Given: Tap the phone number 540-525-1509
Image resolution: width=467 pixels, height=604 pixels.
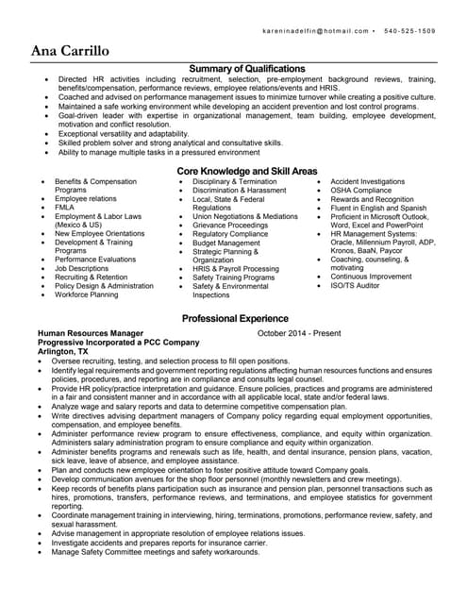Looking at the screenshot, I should point(410,31).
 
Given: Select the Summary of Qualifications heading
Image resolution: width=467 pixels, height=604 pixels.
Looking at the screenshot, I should point(247,69).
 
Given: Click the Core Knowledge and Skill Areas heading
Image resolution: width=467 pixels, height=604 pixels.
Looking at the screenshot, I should point(247,171).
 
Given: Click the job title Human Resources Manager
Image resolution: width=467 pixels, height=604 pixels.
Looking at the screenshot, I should point(91,333).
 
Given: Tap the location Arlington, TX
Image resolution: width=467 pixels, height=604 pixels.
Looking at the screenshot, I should point(63,351).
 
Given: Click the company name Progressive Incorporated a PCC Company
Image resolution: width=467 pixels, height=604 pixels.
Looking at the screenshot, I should point(118,342).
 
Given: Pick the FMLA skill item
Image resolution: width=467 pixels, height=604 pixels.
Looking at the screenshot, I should point(65,208).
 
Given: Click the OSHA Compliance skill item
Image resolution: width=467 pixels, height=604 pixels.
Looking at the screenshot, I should point(360,190).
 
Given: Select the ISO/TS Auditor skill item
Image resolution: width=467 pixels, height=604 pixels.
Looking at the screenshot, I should point(356,285).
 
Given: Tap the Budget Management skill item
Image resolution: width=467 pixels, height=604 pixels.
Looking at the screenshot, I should point(225,243).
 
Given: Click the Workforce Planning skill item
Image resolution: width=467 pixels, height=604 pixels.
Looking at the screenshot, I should point(87,294).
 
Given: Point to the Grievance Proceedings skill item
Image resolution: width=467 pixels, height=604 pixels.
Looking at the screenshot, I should point(230,226).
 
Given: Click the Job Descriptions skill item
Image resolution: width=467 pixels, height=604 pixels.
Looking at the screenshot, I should point(81,268).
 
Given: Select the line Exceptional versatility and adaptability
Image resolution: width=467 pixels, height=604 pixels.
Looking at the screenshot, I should point(124,133).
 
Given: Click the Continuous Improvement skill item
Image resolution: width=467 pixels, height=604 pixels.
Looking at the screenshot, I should point(371,277).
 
